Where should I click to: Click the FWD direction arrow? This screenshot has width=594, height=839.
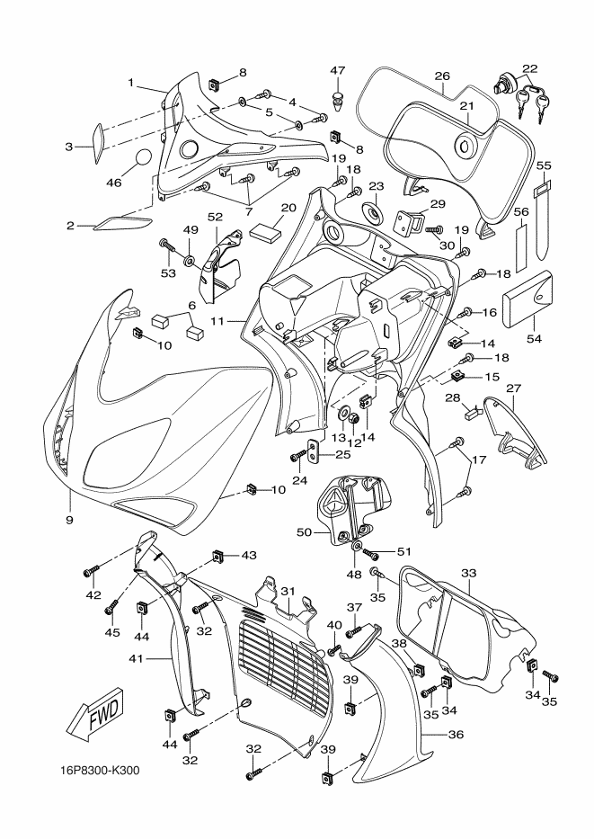pyautogui.click(x=96, y=716)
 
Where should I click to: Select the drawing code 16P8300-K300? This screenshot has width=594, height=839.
pyautogui.click(x=100, y=771)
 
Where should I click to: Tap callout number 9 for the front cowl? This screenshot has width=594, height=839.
pyautogui.click(x=69, y=520)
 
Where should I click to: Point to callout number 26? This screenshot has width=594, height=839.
pyautogui.click(x=442, y=76)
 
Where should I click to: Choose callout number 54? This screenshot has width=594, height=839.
pyautogui.click(x=534, y=338)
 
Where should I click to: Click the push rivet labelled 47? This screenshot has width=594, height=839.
pyautogui.click(x=339, y=101)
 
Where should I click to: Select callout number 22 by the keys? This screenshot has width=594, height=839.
pyautogui.click(x=530, y=69)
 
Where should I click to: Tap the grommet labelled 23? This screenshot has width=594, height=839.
pyautogui.click(x=374, y=213)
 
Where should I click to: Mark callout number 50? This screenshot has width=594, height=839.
pyautogui.click(x=304, y=532)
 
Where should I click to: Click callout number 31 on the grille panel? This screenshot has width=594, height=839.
pyautogui.click(x=288, y=591)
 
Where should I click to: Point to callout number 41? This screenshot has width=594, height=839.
pyautogui.click(x=136, y=658)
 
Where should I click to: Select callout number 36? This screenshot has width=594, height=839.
pyautogui.click(x=455, y=735)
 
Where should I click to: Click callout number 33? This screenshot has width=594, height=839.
pyautogui.click(x=468, y=574)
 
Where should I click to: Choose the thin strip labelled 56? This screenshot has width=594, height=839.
pyautogui.click(x=520, y=249)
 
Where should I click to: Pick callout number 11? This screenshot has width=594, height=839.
pyautogui.click(x=216, y=322)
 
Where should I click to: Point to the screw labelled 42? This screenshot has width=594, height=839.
pyautogui.click(x=92, y=572)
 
